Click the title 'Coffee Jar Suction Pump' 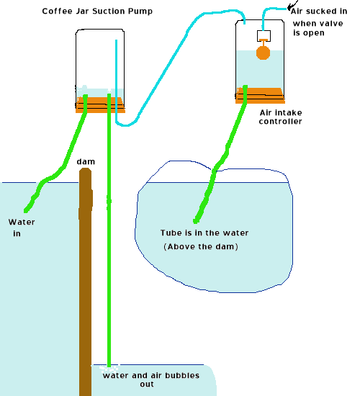tap(97, 12)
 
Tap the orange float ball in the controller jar tap(264, 53)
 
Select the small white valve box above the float tap(264, 36)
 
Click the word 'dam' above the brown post tap(86, 161)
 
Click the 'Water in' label tap(22, 228)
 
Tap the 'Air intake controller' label tap(280, 117)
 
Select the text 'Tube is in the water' tap(204, 233)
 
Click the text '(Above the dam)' tap(201, 246)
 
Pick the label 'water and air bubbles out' tap(151, 379)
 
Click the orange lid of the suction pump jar tap(100, 105)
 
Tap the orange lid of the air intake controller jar tap(260, 96)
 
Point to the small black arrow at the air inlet tap(292, 5)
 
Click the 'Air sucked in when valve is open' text tap(319, 22)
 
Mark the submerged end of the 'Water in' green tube tap(26, 210)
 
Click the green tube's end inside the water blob tap(195, 221)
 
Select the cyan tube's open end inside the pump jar tap(116, 40)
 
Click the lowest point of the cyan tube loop tap(125, 125)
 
